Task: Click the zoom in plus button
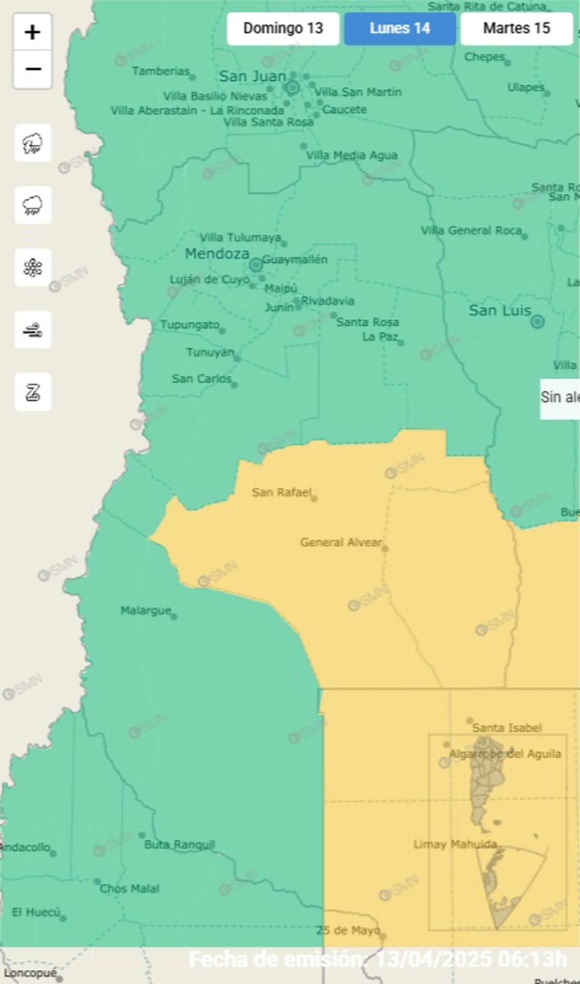point(32,32)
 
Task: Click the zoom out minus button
point(32,69)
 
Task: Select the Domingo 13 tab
point(283,29)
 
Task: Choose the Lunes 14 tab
point(400,29)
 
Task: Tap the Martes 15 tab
point(516,29)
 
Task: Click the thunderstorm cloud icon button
point(33,143)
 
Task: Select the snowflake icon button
point(33,268)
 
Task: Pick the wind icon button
point(33,330)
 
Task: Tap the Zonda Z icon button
point(33,392)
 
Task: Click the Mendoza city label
point(217,253)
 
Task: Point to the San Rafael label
point(281,492)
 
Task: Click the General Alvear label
point(341,542)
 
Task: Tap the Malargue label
point(145,611)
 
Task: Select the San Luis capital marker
point(537,322)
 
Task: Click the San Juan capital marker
point(292,88)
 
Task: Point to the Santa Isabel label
point(507,728)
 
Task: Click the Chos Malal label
point(129,889)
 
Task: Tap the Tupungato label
point(189,325)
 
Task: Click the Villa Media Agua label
point(351,155)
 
